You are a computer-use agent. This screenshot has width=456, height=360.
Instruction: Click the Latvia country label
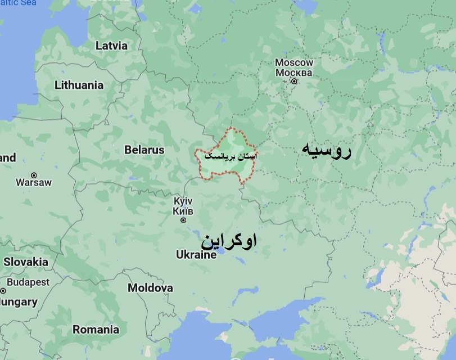coord(111,46)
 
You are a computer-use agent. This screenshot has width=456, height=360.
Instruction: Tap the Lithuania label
coord(79,85)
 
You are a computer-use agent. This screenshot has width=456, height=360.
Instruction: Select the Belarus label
coord(145,150)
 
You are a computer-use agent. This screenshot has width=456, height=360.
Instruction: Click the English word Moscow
coord(294,62)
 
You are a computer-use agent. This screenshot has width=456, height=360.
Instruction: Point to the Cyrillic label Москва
coord(294,73)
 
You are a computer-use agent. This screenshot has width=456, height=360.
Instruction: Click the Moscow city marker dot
coord(294,82)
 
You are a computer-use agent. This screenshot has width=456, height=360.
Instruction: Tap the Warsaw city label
coord(34,182)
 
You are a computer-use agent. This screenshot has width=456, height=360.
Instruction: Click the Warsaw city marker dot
coord(34,175)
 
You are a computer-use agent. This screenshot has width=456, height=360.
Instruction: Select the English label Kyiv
coord(183,201)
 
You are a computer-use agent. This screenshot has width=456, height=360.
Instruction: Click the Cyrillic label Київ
coord(183,211)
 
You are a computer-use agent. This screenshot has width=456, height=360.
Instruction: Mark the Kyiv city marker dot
coord(183,220)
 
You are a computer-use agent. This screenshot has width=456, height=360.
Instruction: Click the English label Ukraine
coord(196,255)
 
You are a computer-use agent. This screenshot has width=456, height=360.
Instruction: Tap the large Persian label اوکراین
coord(229,241)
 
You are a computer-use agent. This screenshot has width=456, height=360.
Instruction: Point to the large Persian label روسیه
coord(326,150)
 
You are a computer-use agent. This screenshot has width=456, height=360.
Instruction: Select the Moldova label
coord(150,288)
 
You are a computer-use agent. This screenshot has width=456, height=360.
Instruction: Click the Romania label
coord(96,330)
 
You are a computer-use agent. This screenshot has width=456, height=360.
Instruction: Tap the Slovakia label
coord(26,262)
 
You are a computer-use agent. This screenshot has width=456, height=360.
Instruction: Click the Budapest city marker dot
coord(3,290)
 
